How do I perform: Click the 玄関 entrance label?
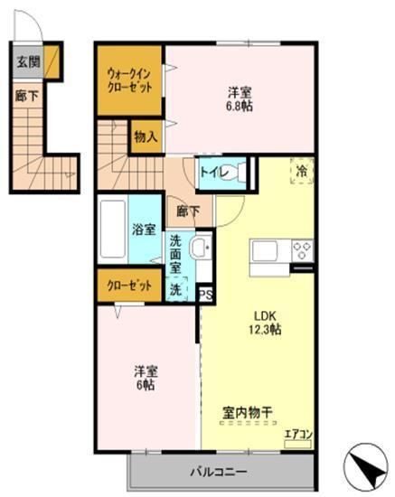(26, 62)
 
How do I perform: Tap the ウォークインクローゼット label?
(129, 79)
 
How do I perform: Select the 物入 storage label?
(146, 136)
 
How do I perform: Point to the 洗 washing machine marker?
(175, 290)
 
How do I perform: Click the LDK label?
(264, 315)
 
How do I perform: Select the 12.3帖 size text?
(264, 330)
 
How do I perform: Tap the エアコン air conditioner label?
(297, 434)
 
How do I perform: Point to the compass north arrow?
(365, 467)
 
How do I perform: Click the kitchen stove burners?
(302, 249)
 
